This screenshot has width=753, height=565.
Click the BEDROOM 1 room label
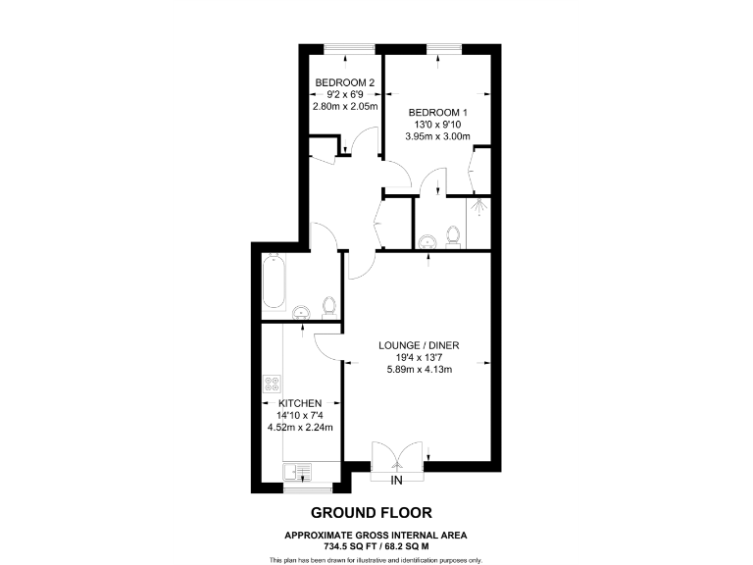[437, 112]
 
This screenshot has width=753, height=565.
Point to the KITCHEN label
[300, 403]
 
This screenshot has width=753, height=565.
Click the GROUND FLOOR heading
[371, 512]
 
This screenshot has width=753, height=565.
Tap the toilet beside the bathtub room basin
[329, 307]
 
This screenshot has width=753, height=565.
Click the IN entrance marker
[397, 481]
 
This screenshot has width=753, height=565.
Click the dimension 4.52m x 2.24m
[300, 427]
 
